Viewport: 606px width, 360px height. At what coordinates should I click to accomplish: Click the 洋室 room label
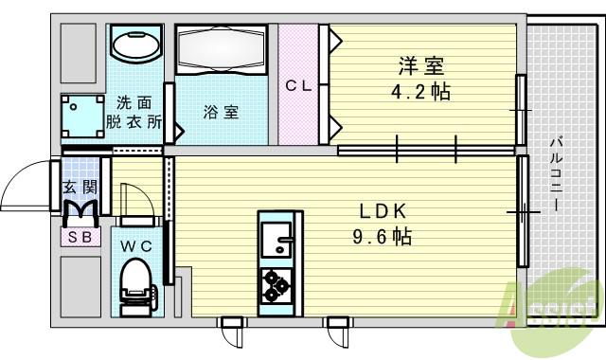pyautogui.click(x=421, y=66)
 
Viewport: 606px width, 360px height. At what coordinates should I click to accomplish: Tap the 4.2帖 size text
pyautogui.click(x=421, y=92)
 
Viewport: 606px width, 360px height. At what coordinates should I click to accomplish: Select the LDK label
pyautogui.click(x=378, y=211)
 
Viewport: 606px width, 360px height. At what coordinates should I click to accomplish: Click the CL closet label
pyautogui.click(x=299, y=84)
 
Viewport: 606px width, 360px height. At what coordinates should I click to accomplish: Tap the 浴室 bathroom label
pyautogui.click(x=221, y=112)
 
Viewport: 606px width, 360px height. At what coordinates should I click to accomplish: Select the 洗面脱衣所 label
pyautogui.click(x=134, y=112)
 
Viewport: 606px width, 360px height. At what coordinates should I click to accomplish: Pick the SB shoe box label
pyautogui.click(x=80, y=238)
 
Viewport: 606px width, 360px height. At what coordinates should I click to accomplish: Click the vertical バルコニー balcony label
pyautogui.click(x=554, y=174)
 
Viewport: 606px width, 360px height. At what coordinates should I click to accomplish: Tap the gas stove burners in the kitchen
pyautogui.click(x=277, y=283)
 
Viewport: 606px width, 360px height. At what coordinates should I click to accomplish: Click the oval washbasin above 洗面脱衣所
pyautogui.click(x=136, y=44)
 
